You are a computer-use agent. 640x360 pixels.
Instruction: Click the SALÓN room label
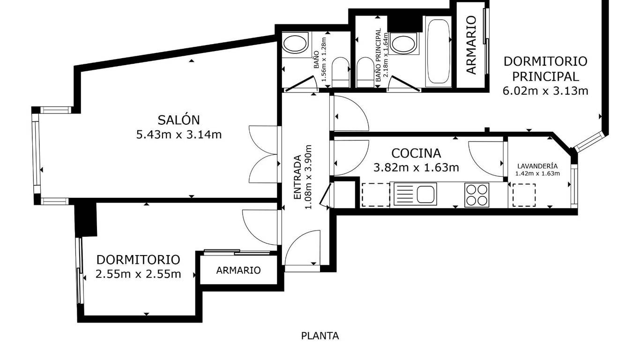coord(179,120)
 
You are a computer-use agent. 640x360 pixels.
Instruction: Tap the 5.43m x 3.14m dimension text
coord(179,135)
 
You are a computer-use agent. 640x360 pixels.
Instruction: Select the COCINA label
coord(416,153)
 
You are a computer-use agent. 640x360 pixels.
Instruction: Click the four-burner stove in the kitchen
coord(476,195)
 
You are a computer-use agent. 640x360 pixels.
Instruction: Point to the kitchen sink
coord(415,194)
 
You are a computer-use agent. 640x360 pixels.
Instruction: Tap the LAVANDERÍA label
coord(537,166)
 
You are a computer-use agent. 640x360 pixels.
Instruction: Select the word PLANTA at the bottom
coord(320,336)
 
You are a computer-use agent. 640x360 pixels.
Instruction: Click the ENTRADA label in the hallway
coord(298,177)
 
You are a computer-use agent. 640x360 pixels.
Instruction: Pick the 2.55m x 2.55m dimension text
coord(138,275)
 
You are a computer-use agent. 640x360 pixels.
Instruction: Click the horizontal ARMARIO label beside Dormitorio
coord(238,270)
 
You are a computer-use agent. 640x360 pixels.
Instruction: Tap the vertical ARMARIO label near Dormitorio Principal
coord(471,45)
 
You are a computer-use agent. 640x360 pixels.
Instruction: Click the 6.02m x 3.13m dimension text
coord(545,91)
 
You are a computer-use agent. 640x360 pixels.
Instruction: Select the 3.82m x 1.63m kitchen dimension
coord(417,167)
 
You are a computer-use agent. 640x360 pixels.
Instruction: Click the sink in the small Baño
coord(296,45)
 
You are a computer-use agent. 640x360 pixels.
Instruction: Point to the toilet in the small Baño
coord(341,72)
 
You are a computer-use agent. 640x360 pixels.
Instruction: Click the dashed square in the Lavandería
coord(524,195)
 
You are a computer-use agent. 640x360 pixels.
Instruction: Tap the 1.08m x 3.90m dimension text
coord(308,177)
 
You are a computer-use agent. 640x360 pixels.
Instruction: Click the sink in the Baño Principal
coord(403,44)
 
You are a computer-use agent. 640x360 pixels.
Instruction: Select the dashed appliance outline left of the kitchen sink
coord(376,195)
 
